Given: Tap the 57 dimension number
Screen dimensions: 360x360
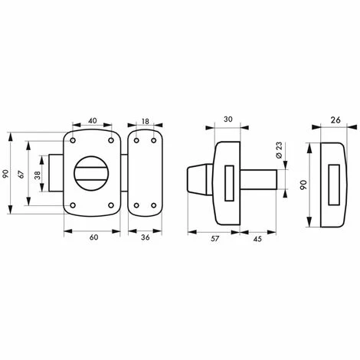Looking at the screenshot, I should (214, 238).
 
